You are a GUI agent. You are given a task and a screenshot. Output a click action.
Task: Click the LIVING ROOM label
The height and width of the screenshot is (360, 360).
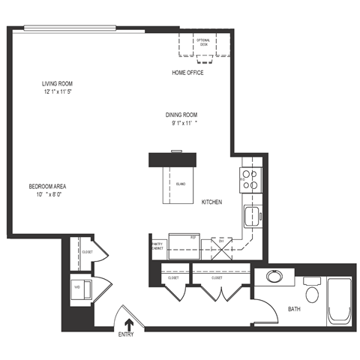point(57,83)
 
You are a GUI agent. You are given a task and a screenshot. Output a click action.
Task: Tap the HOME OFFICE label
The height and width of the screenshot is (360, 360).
point(188,73)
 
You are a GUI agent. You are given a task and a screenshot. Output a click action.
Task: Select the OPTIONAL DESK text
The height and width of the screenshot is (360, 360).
point(203,42)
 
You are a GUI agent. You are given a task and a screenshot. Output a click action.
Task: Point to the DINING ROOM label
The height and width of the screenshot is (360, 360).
point(186,115)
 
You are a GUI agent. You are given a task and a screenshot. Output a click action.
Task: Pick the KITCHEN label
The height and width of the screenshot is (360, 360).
point(212,202)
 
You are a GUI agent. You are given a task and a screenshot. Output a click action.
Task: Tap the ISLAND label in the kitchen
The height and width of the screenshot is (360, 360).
point(180,183)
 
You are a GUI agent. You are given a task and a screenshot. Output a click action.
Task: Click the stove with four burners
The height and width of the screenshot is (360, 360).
point(250,179)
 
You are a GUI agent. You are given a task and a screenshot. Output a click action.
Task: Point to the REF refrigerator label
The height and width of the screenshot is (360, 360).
point(193,238)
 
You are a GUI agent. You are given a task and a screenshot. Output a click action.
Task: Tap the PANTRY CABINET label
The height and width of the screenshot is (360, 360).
point(157,245)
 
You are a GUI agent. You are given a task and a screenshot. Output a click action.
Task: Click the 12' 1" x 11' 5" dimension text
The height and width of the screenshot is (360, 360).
point(57,91)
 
